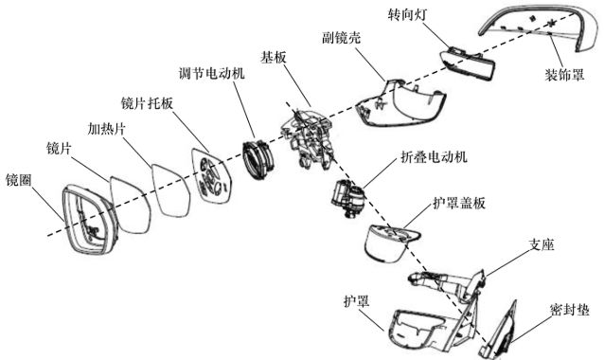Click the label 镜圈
19,180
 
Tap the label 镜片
59,148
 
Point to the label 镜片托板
147,103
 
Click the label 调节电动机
211,73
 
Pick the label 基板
274,58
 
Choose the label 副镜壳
342,37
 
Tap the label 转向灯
407,14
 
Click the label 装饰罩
564,75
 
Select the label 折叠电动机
435,157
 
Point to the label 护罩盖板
459,203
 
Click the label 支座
542,244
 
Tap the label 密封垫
569,309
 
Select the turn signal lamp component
468,63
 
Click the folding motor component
347,198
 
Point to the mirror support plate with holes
211,176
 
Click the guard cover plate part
389,243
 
